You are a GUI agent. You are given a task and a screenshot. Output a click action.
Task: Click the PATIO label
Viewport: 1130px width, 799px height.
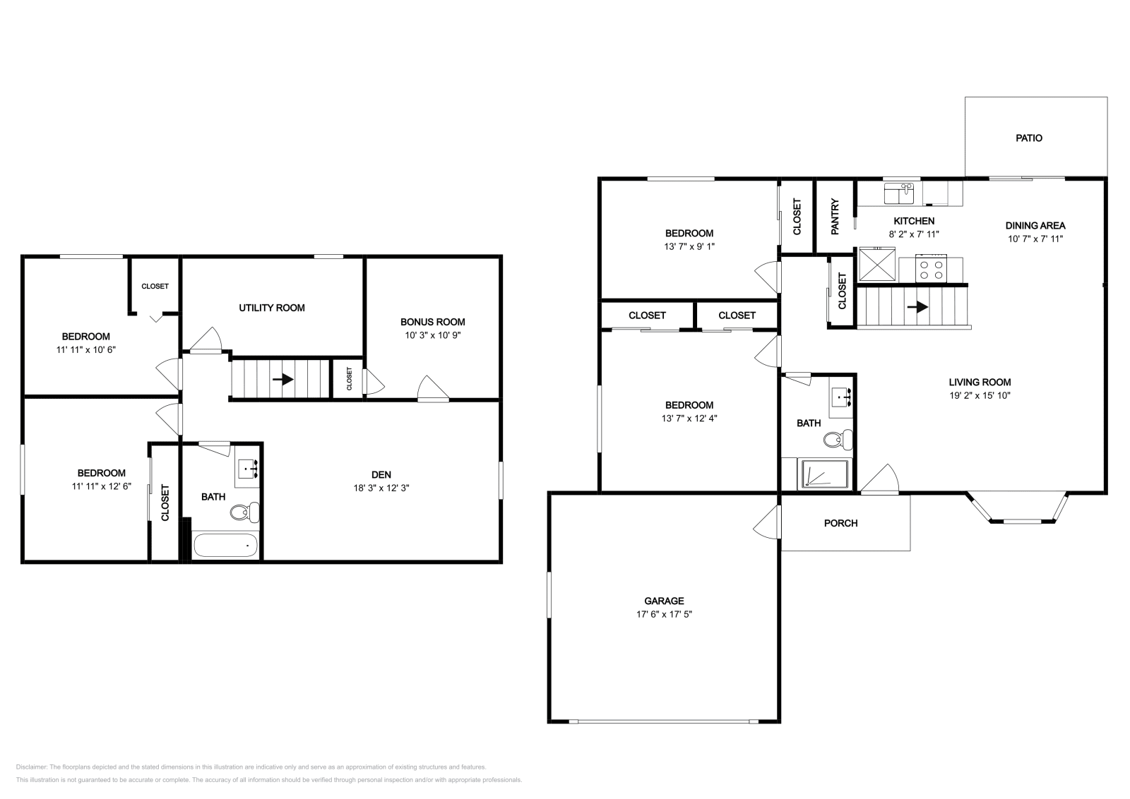1028,138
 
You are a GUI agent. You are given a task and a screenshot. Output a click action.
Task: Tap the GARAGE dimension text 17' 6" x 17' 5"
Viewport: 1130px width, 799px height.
663,615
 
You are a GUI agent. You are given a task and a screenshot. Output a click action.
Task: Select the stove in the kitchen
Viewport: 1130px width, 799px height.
930,268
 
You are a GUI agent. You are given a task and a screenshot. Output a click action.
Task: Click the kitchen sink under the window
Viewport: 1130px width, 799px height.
899,193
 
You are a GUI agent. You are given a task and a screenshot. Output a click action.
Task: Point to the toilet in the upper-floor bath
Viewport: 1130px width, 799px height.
838,440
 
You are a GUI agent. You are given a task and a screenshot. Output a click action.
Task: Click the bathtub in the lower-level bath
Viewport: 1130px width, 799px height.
225,546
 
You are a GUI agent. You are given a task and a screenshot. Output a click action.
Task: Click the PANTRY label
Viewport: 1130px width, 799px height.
835,217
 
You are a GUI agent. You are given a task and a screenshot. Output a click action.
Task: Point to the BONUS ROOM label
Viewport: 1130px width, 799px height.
432,322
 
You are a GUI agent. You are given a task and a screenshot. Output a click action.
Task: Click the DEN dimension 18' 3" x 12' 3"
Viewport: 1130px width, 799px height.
381,488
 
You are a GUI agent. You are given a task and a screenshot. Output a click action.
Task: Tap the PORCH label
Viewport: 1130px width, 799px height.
840,524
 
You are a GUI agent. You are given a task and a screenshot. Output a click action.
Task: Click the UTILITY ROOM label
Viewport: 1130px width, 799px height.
271,308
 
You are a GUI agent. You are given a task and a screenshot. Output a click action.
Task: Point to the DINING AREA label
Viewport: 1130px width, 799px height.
1035,226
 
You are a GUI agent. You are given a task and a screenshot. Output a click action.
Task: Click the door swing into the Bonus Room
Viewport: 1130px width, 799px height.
432,389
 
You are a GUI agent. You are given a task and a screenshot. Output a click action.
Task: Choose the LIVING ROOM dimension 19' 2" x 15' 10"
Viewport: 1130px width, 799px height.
979,396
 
